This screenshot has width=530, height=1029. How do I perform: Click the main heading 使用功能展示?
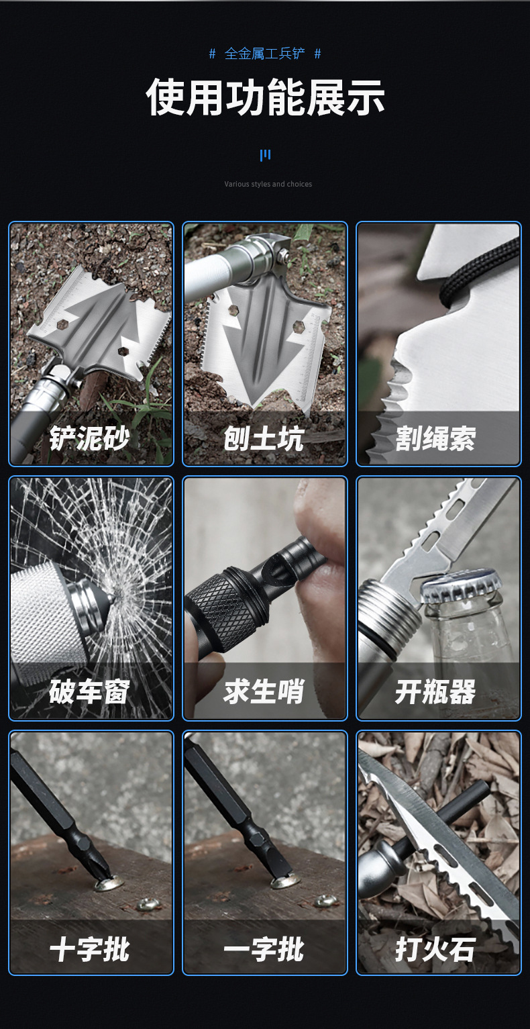265,98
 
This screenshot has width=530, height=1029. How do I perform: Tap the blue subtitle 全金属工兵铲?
264,54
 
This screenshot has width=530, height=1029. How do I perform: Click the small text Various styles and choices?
268,184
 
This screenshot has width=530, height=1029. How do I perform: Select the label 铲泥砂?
89,439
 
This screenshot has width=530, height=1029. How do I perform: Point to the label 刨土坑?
264,439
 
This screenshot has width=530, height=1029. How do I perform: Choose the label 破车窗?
89,692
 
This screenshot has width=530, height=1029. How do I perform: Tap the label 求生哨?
264,692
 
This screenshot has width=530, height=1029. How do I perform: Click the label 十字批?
89,949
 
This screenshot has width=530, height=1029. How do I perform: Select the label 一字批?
264,949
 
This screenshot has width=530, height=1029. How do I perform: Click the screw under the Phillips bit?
108,883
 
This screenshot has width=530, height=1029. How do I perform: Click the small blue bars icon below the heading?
265,156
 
